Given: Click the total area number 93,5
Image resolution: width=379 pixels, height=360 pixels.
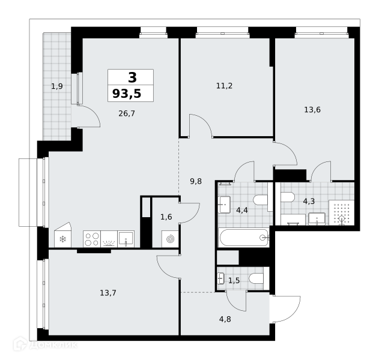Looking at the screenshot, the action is click(127, 94).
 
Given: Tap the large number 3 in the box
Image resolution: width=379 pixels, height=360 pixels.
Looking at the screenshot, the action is click(133, 77).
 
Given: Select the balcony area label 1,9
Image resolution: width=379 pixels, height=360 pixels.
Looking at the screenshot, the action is click(57, 86).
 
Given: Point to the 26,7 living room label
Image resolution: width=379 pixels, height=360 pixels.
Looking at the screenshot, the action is click(127, 113).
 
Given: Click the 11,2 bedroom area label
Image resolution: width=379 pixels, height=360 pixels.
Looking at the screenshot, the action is click(224, 86).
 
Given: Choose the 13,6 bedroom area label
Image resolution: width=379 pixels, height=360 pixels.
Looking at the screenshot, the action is click(312, 110).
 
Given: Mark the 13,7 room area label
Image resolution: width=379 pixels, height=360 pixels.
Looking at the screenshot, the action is click(108, 293).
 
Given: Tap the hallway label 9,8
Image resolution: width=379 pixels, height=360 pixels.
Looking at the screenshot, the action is click(196, 181).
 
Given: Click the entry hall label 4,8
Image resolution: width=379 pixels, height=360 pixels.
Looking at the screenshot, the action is click(225, 319).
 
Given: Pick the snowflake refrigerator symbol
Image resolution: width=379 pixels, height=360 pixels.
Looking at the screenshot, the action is click(63, 239).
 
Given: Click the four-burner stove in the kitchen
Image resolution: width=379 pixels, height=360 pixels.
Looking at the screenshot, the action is click(92, 239).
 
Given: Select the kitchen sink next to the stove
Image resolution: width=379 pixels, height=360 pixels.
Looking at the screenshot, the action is click(126, 239).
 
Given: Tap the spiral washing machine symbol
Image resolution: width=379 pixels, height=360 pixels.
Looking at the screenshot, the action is click(170, 239).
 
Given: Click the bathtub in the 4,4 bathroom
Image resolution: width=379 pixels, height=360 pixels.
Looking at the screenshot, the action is click(244, 238).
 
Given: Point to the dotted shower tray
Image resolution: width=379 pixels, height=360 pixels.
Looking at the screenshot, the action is click(341, 212).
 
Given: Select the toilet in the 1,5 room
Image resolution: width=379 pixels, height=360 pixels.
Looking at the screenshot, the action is click(256, 278).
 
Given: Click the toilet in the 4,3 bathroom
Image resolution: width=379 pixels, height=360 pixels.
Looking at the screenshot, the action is click(287, 197).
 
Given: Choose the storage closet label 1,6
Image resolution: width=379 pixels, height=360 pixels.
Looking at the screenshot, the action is click(166, 217).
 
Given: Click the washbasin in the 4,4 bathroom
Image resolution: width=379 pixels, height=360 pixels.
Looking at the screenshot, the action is click(224, 205).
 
